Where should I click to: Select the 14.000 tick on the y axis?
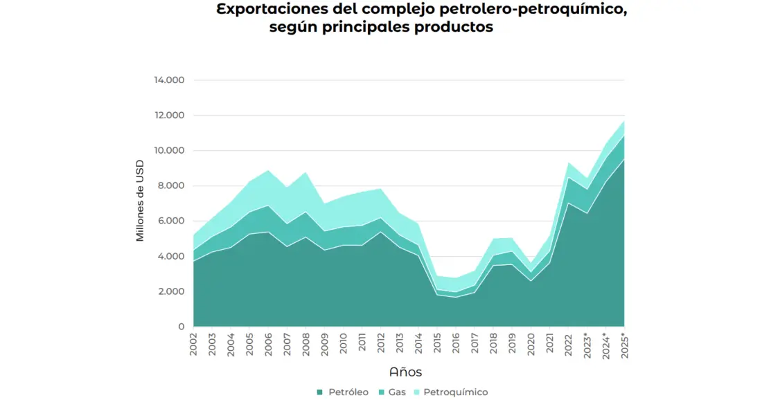(x=169, y=80)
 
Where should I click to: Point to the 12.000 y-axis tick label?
(x=169, y=116)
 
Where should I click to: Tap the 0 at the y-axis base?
(x=181, y=327)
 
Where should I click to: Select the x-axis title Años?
(x=406, y=372)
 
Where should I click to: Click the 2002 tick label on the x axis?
(x=194, y=344)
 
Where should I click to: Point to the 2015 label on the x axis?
(x=436, y=344)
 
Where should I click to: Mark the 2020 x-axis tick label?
(x=531, y=344)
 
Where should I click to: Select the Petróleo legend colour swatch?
(x=320, y=392)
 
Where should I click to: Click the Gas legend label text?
(x=397, y=392)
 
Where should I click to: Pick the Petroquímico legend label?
(x=455, y=392)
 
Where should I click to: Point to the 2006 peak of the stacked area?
(x=268, y=170)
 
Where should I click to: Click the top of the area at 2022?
(x=569, y=163)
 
